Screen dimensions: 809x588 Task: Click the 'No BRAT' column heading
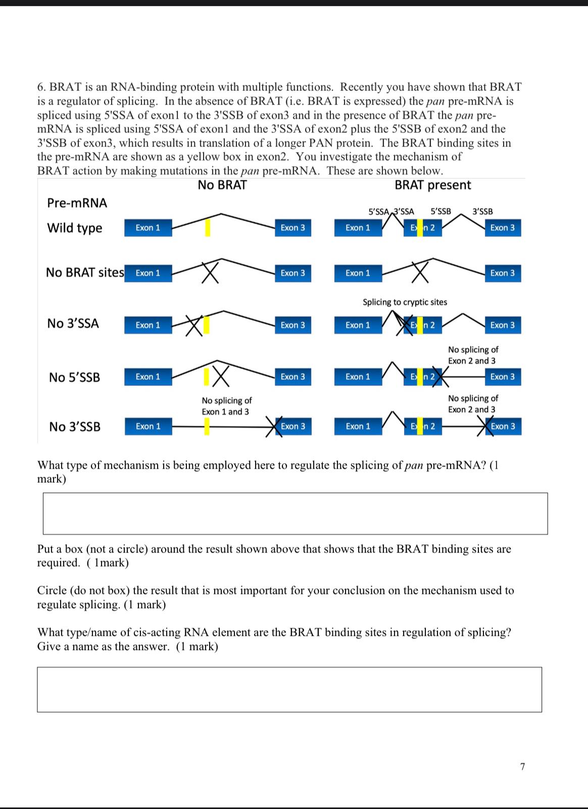[x=222, y=185]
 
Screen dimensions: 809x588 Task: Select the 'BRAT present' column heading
[x=432, y=185]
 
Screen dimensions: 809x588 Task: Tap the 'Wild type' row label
[x=75, y=228]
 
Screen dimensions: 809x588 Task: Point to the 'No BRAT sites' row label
[x=85, y=273]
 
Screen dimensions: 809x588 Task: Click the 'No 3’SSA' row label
[x=73, y=324]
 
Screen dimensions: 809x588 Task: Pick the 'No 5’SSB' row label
[x=75, y=377]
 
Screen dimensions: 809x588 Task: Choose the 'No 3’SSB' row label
[x=75, y=427]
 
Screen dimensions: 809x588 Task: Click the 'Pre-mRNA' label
[x=77, y=203]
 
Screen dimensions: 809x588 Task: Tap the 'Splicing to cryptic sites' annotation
[x=405, y=302]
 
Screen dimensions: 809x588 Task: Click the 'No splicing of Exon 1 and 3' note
[x=226, y=406]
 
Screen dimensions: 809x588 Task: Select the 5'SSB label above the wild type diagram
[x=440, y=212]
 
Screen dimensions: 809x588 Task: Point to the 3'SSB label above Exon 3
[x=482, y=212]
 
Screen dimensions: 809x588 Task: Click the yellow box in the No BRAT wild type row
[x=207, y=228]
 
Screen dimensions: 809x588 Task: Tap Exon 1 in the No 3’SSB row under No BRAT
[x=148, y=427]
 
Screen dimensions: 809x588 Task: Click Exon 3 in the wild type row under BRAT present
[x=503, y=228]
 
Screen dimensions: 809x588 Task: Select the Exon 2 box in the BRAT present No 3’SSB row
[x=423, y=427]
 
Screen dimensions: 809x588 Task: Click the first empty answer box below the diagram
[x=295, y=514]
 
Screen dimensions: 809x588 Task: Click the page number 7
[x=522, y=767]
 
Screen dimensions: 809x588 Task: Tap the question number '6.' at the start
[x=41, y=87]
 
